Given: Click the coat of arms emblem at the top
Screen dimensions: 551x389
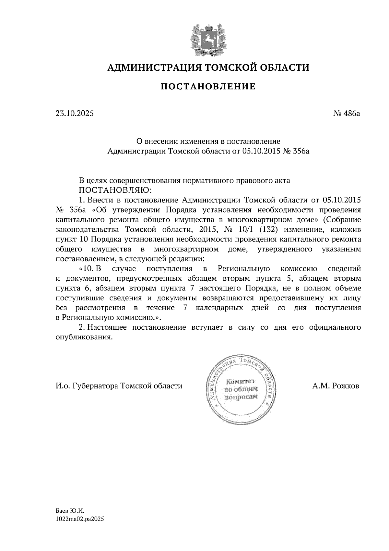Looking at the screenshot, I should (x=208, y=38).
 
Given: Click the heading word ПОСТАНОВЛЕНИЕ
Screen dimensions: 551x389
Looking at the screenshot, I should (x=208, y=87).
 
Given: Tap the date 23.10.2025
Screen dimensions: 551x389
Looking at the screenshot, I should (x=74, y=114).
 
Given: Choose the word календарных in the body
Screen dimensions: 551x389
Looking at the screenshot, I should (x=219, y=308).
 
